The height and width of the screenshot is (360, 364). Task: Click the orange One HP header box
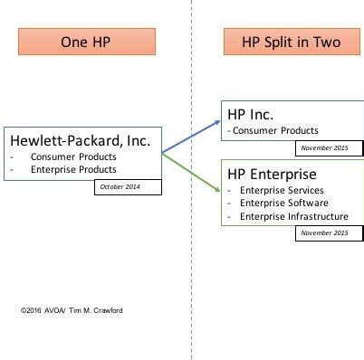[87, 42]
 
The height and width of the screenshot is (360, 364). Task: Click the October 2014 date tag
[129, 187]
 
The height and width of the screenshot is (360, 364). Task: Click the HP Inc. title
[250, 114]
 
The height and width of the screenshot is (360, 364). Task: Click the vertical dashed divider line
[192, 271]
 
